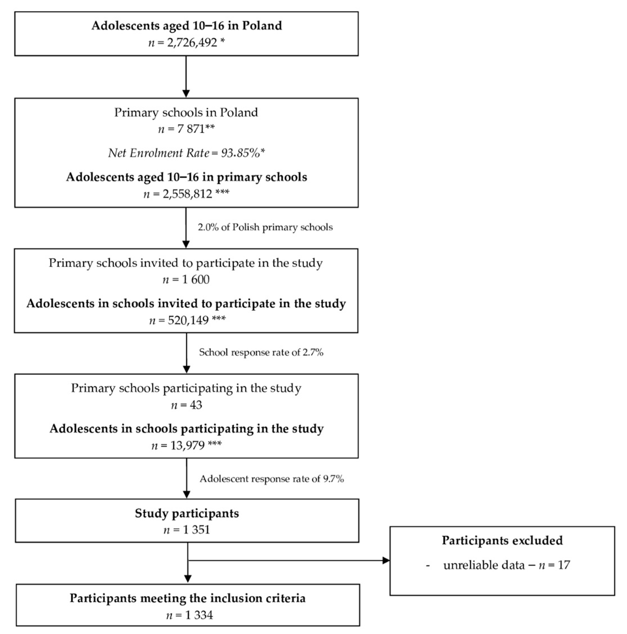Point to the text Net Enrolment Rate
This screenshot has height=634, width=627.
point(159,153)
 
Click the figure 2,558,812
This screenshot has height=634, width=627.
point(187,194)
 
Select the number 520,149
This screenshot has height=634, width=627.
point(188,320)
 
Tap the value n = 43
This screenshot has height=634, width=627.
point(186,405)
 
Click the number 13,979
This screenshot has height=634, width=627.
point(188,445)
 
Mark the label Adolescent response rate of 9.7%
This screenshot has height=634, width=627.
point(272,479)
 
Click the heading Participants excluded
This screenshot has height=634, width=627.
point(502,541)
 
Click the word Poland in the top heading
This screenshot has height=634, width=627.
point(262,26)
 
